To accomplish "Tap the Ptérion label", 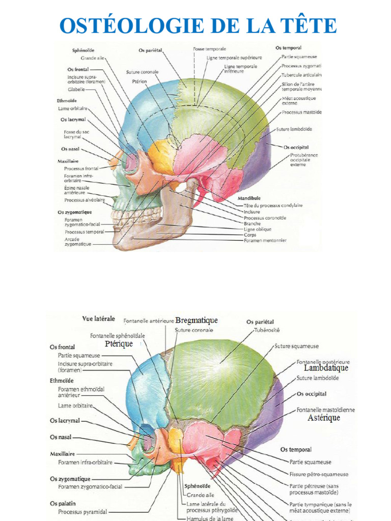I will click(x=139, y=80).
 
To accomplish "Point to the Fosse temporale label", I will click(x=209, y=49).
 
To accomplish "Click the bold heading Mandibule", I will click(x=249, y=198).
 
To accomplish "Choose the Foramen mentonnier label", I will click(x=265, y=240).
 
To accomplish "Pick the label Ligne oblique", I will click(x=258, y=229).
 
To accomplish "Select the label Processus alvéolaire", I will click(x=85, y=200).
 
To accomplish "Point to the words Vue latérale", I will click(x=98, y=319).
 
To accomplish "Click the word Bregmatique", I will click(x=196, y=320).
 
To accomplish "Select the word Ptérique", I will click(x=119, y=344).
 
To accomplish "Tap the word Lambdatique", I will click(x=326, y=368).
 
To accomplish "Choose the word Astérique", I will click(x=324, y=418).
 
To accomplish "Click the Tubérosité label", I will click(x=267, y=330).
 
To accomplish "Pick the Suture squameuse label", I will click(x=296, y=346).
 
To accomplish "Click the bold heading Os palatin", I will click(x=64, y=504).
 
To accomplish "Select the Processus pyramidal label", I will click(x=82, y=512).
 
